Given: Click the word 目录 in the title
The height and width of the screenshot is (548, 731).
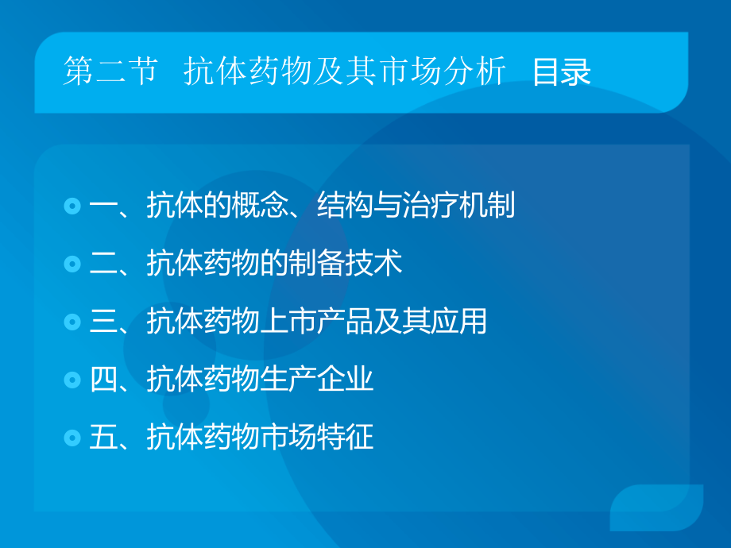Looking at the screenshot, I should click(x=562, y=72).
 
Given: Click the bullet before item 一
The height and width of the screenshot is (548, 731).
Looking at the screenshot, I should click(x=72, y=206).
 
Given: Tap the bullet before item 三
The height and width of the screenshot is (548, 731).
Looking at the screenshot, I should click(x=72, y=322).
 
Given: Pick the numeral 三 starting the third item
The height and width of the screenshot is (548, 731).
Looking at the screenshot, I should click(x=103, y=322).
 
